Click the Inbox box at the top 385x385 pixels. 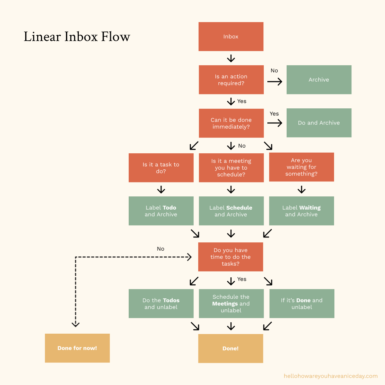pyautogui.click(x=231, y=36)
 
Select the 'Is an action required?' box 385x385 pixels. pyautogui.click(x=231, y=79)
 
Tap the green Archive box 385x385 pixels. pyautogui.click(x=319, y=79)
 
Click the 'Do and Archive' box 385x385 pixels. pyautogui.click(x=319, y=123)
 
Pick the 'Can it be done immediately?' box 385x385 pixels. pyautogui.click(x=231, y=123)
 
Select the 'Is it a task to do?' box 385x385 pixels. pyautogui.click(x=161, y=168)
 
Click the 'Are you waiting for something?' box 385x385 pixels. pyautogui.click(x=301, y=167)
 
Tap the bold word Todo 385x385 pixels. pyautogui.click(x=169, y=207)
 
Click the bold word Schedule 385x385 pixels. pyautogui.click(x=239, y=207)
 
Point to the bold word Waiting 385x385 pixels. pyautogui.click(x=310, y=207)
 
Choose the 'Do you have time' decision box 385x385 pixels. pyautogui.click(x=230, y=257)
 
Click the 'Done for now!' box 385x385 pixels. pyautogui.click(x=77, y=348)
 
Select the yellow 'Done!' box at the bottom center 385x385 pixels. pyautogui.click(x=230, y=348)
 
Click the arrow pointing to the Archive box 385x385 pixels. pyautogui.click(x=274, y=82)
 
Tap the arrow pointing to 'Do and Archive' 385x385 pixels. pyautogui.click(x=274, y=123)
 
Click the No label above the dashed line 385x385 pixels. pyautogui.click(x=160, y=249)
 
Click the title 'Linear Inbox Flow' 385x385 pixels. pyautogui.click(x=77, y=37)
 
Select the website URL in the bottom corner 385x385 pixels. pyautogui.click(x=330, y=376)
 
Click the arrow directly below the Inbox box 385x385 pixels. pyautogui.click(x=231, y=58)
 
